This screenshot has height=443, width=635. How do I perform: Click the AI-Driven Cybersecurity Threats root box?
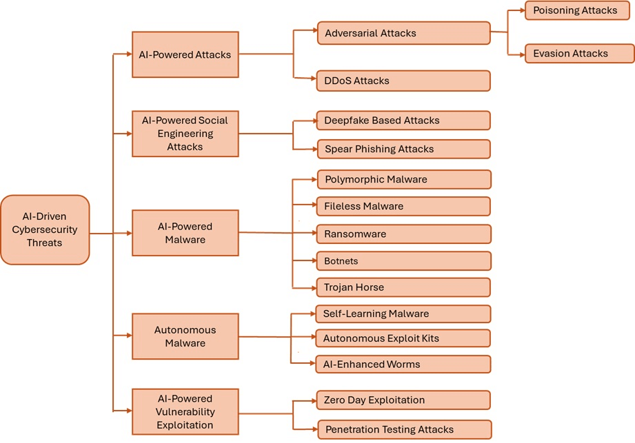coord(45,230)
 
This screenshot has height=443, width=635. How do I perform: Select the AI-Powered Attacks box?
coord(185,54)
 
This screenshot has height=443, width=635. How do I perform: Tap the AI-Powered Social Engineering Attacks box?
coord(185,133)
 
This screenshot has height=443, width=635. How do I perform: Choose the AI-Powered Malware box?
coord(185,233)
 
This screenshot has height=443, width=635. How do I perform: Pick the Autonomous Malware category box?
coord(185,336)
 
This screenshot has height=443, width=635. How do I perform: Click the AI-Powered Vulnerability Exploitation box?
coord(185,411)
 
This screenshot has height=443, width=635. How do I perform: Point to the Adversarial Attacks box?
coord(403,33)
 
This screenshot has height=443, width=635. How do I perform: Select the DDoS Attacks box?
coord(403,81)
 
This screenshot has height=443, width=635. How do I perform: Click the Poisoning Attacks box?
coord(576,10)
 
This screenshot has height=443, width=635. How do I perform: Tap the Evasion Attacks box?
coord(576,54)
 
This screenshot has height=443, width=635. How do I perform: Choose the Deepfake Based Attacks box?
coord(403,121)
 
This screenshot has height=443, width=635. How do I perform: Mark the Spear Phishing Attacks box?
coord(403,149)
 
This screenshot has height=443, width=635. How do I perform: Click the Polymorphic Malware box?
coord(403,180)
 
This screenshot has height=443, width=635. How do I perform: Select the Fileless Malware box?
coord(403,207)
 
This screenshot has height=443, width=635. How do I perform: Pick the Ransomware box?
coord(403,234)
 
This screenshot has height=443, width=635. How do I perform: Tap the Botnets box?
coord(403,261)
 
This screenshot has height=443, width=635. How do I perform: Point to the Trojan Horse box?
coord(403,287)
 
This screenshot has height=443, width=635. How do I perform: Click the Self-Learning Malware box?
coord(403,314)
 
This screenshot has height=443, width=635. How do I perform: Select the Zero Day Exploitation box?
coord(403,400)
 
